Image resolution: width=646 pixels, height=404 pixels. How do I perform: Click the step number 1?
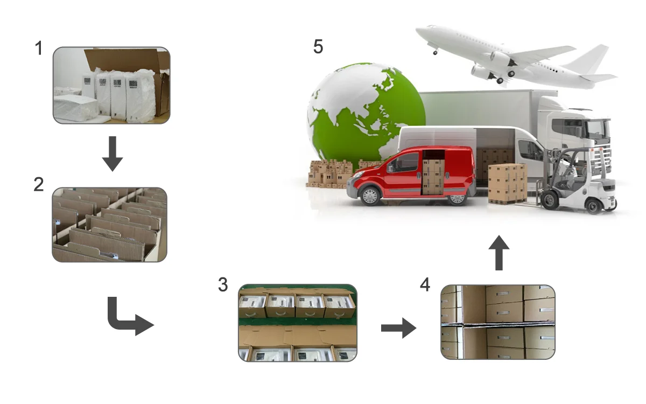39,48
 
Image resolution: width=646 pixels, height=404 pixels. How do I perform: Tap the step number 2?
39,185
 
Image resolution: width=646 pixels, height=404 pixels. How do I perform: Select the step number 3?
223,285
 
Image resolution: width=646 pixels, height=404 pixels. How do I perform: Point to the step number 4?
425,285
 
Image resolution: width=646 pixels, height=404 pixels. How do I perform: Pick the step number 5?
318,47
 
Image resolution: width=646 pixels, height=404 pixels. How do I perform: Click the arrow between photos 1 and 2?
112,153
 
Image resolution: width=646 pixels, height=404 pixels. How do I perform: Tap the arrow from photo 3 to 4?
398,328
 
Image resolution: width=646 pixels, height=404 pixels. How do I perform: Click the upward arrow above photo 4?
499,252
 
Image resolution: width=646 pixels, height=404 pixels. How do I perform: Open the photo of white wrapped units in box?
111,85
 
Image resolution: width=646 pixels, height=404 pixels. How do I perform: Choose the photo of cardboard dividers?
109,225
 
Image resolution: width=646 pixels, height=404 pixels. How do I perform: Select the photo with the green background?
297,322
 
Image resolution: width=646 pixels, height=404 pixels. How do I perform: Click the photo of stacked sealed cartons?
497,322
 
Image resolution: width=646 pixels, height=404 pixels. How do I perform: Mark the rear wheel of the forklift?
593,205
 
